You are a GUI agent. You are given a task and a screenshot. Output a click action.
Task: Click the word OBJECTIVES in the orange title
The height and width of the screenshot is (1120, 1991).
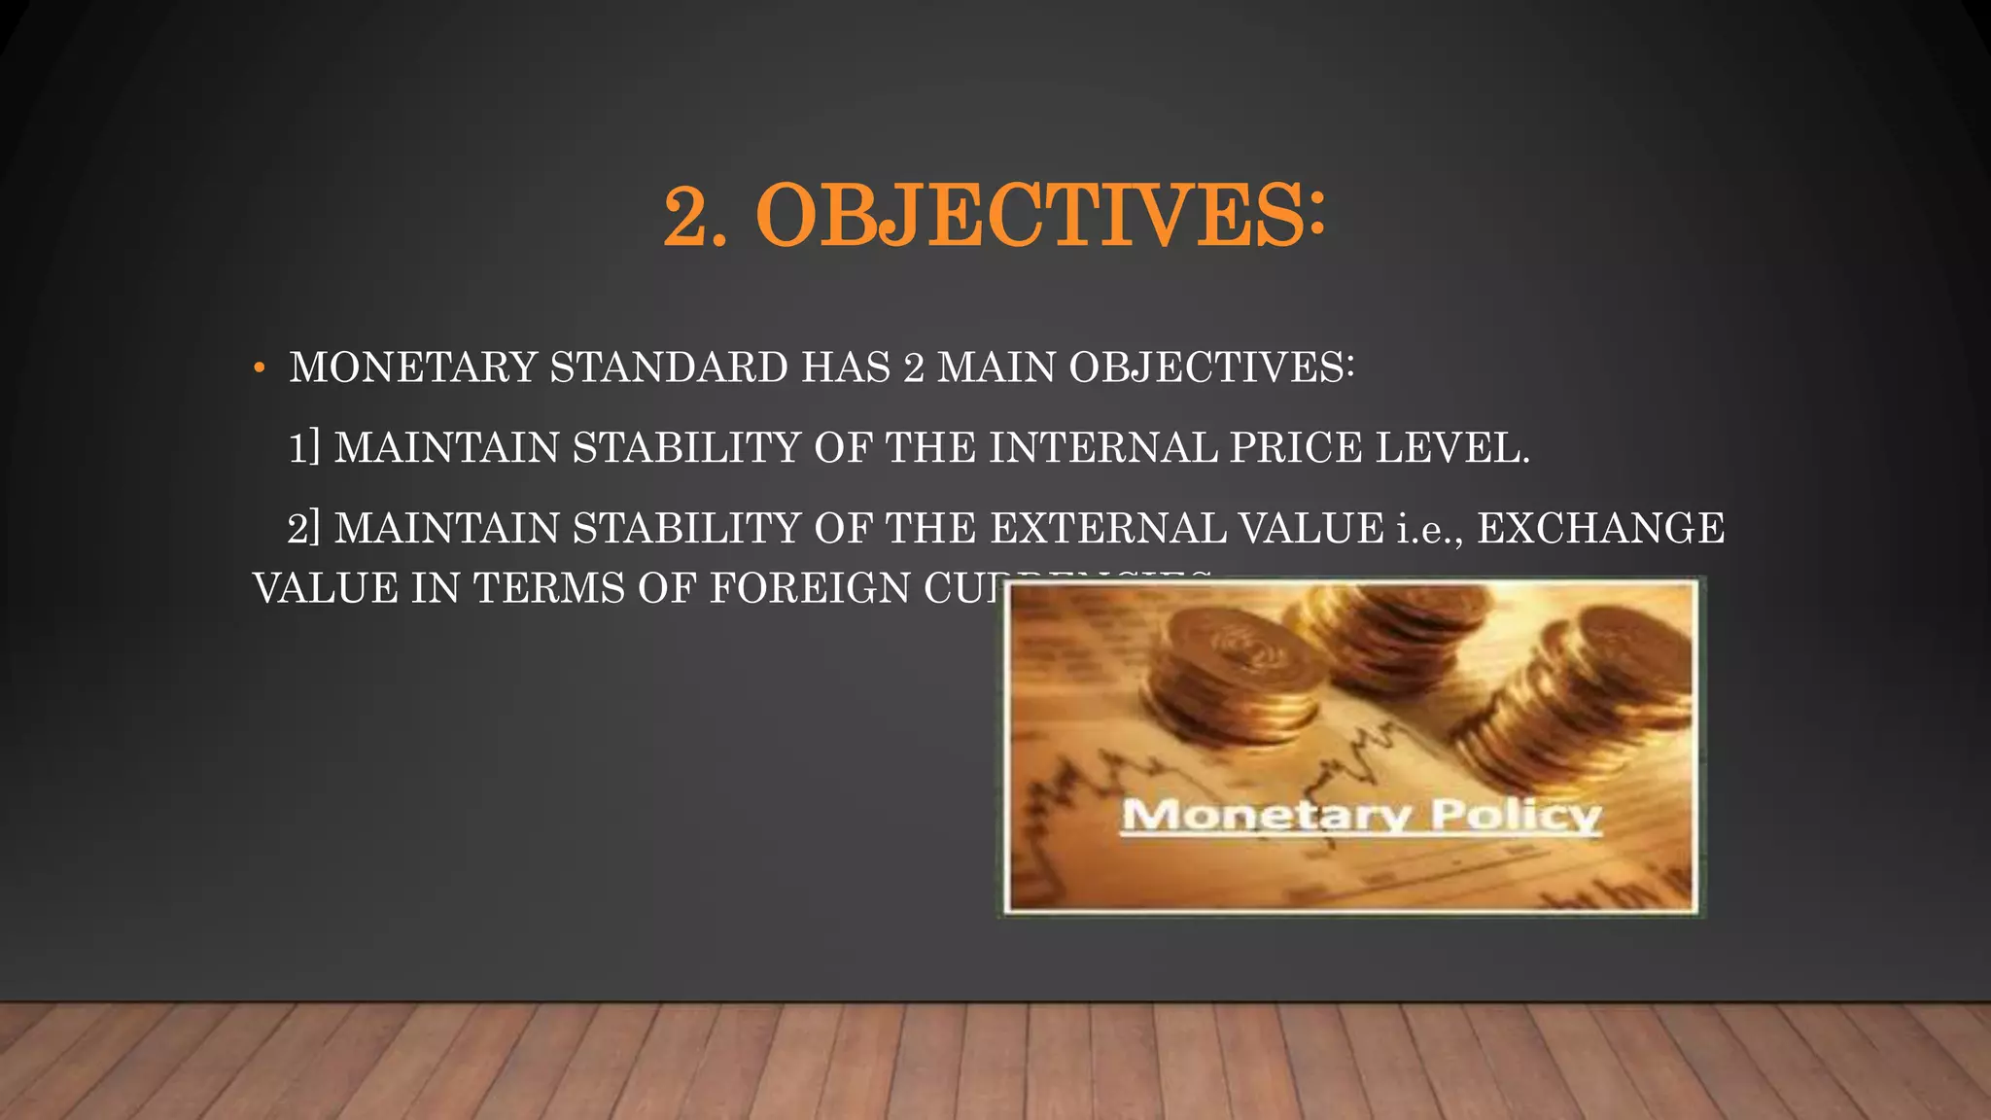tap(1040, 216)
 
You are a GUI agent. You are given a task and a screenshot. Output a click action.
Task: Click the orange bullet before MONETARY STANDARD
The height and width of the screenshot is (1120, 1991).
tap(259, 368)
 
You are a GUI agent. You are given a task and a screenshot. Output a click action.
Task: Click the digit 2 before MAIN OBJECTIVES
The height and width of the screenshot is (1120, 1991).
tap(913, 367)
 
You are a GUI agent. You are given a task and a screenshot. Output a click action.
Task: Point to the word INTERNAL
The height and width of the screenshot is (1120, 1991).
tap(1103, 448)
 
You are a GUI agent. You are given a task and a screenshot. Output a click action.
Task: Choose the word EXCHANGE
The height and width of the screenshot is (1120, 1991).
tap(1600, 529)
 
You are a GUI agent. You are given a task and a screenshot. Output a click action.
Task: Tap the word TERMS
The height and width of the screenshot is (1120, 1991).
tap(548, 589)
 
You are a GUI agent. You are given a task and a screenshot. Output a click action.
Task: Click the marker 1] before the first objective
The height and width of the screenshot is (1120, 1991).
tap(303, 448)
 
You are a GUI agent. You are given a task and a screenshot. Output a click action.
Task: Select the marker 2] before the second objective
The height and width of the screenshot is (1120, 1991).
tap(303, 529)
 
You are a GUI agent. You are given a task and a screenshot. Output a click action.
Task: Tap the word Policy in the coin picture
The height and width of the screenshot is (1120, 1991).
tap(1516, 815)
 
